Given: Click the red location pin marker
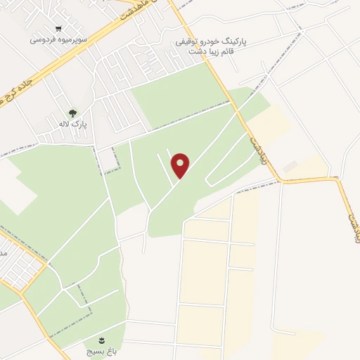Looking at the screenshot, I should pyautogui.click(x=181, y=165).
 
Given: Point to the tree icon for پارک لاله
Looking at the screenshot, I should pyautogui.click(x=72, y=112).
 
